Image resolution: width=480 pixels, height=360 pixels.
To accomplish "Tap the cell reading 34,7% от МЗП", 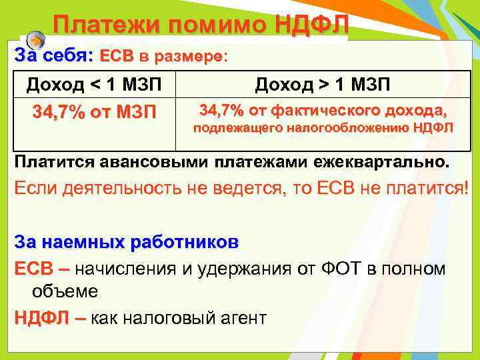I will click(x=94, y=111).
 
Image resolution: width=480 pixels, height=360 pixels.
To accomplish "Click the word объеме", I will click(x=65, y=291).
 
